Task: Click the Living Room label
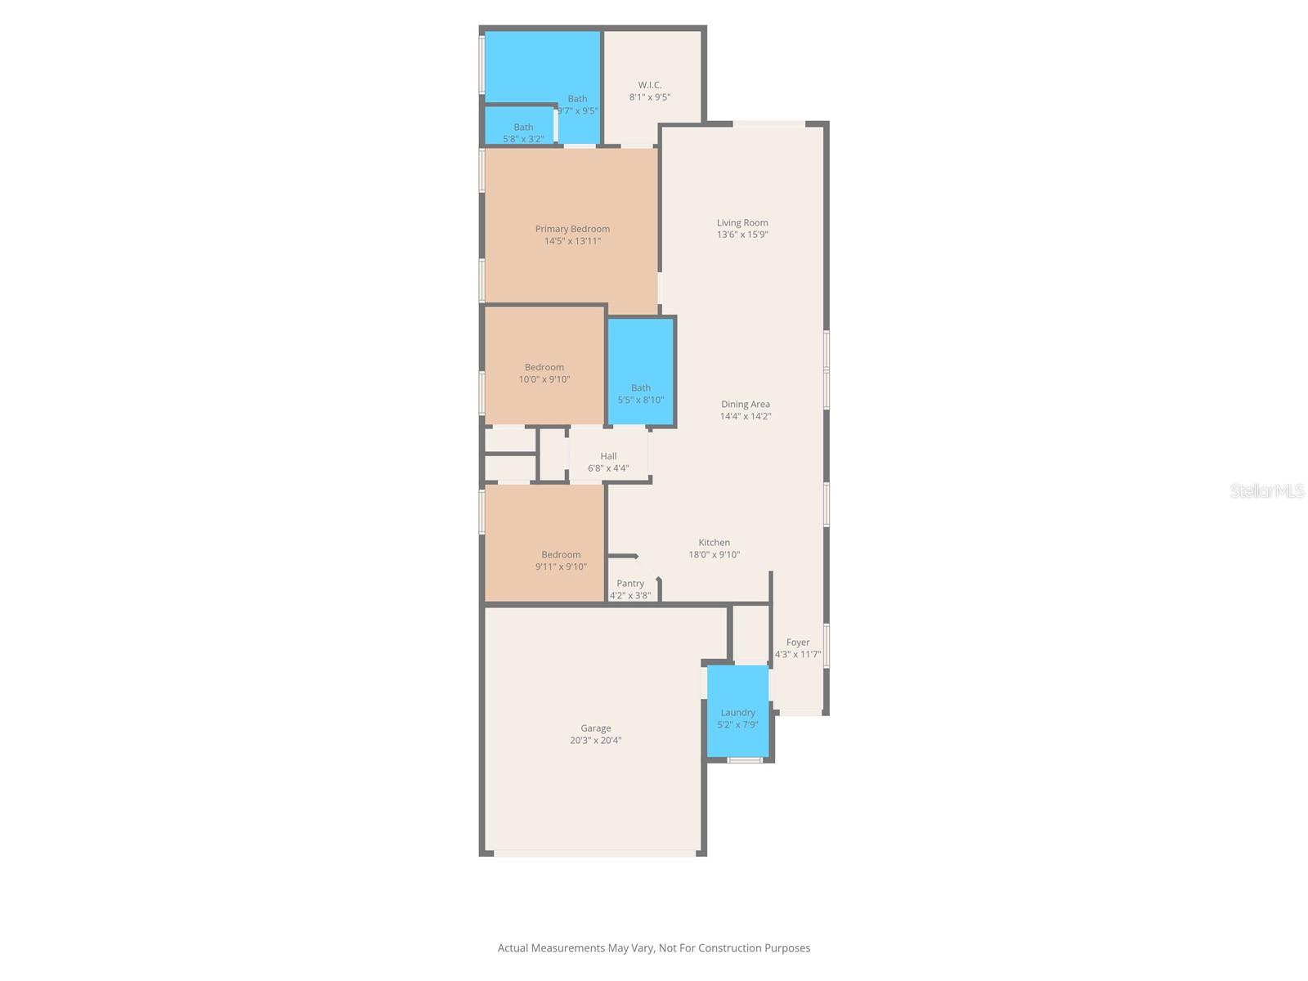pos(742,222)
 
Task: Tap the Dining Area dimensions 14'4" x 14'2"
pos(746,416)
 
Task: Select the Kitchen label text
pos(714,542)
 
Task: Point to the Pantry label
pos(629,583)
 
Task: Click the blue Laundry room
pos(737,711)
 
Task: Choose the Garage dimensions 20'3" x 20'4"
pos(595,740)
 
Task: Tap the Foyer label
pos(797,642)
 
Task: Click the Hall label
pos(608,455)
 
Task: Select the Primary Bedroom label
pos(572,229)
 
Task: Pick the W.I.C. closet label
pos(650,84)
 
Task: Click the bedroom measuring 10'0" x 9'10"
pos(544,365)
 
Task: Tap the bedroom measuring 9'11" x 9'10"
pos(544,543)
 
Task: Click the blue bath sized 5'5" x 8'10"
pos(641,372)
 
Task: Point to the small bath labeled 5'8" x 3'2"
pos(520,126)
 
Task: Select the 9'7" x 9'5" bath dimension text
pos(577,111)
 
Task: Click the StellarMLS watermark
pos(1267,490)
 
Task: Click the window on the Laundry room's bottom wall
pos(745,760)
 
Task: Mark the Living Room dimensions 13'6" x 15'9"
pos(742,234)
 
